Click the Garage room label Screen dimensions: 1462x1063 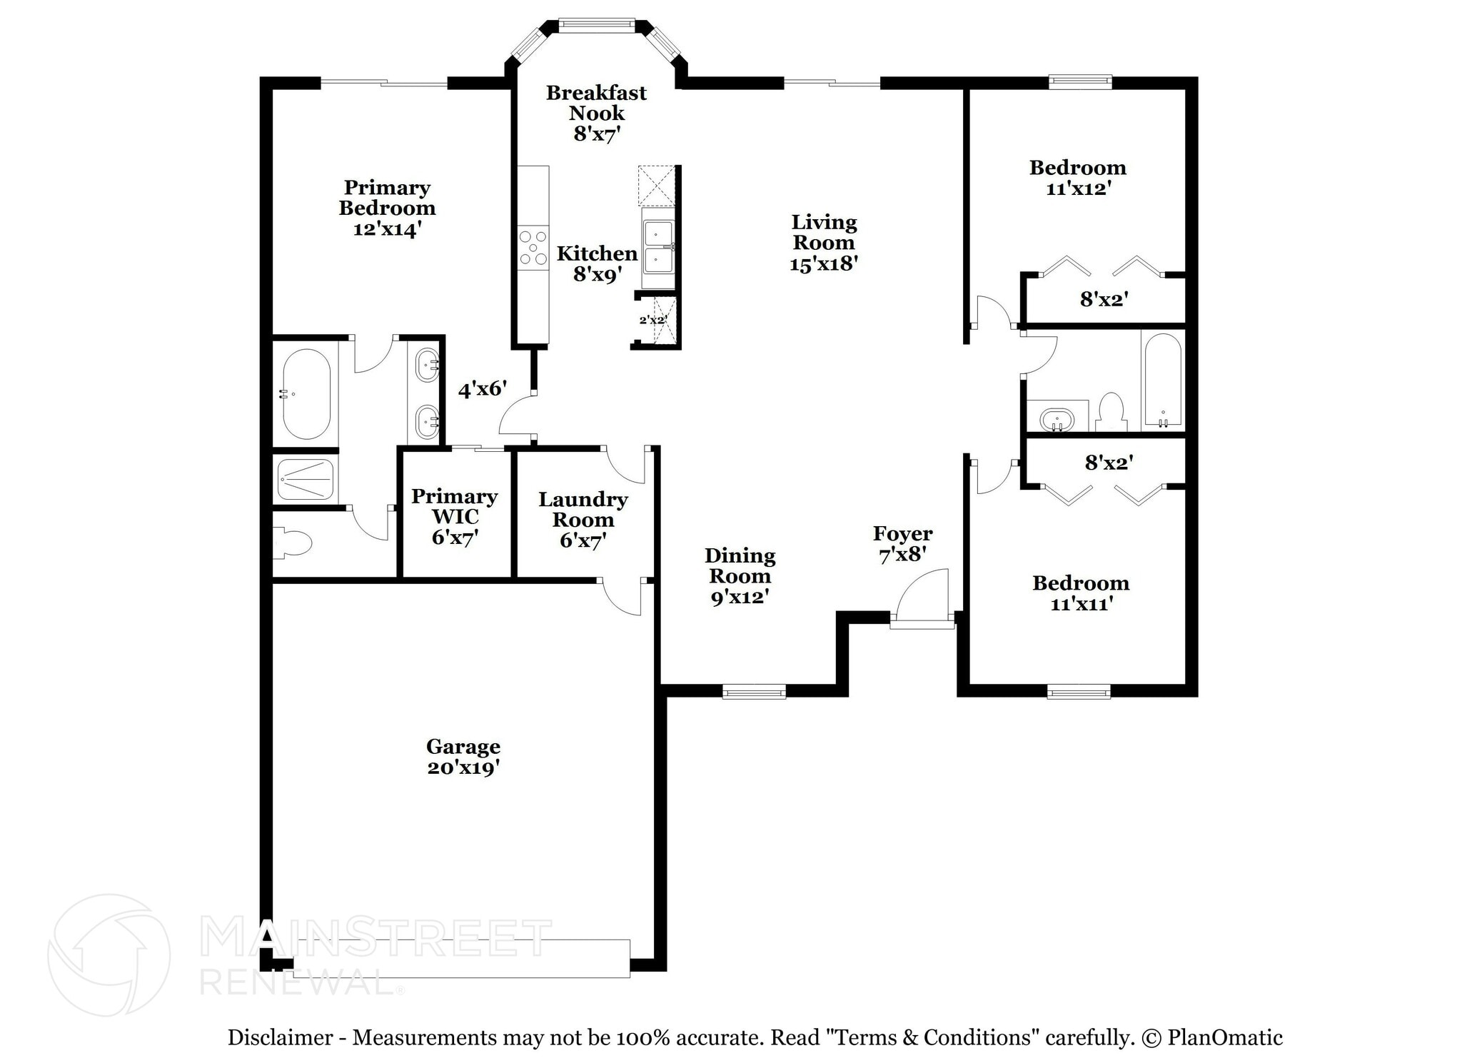(463, 747)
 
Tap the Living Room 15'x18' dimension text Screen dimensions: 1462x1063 (823, 263)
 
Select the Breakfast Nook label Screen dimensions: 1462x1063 (596, 103)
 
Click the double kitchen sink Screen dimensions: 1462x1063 (658, 247)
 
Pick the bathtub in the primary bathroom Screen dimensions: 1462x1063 (306, 394)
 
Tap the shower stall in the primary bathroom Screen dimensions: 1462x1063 (306, 479)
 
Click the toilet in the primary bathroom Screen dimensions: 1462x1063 (293, 543)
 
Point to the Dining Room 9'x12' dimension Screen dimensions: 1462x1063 (739, 597)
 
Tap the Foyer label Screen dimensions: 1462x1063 (902, 533)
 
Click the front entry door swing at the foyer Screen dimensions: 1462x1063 (922, 598)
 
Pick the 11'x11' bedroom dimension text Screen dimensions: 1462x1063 (1082, 604)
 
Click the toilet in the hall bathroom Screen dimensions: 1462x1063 (1111, 413)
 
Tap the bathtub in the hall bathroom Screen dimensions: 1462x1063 (1162, 380)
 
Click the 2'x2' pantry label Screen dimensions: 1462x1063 (652, 320)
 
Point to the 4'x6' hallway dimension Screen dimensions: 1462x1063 (482, 389)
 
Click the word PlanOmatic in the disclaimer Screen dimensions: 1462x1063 (1224, 1037)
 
